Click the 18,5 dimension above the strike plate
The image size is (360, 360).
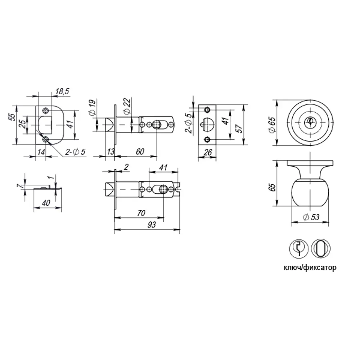tap(62, 92)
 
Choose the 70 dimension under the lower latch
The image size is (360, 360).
tap(141, 213)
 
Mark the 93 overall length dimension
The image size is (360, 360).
tap(152, 225)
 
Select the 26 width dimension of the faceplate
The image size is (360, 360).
tap(207, 153)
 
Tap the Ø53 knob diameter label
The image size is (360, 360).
tap(311, 217)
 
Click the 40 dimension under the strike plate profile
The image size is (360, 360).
tap(46, 203)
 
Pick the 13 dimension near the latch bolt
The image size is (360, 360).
tap(111, 152)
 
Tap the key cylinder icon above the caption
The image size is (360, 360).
tap(299, 248)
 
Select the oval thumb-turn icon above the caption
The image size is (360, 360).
tap(320, 248)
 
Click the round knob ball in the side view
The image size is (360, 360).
tap(310, 193)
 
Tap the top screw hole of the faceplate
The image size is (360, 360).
tap(207, 109)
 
